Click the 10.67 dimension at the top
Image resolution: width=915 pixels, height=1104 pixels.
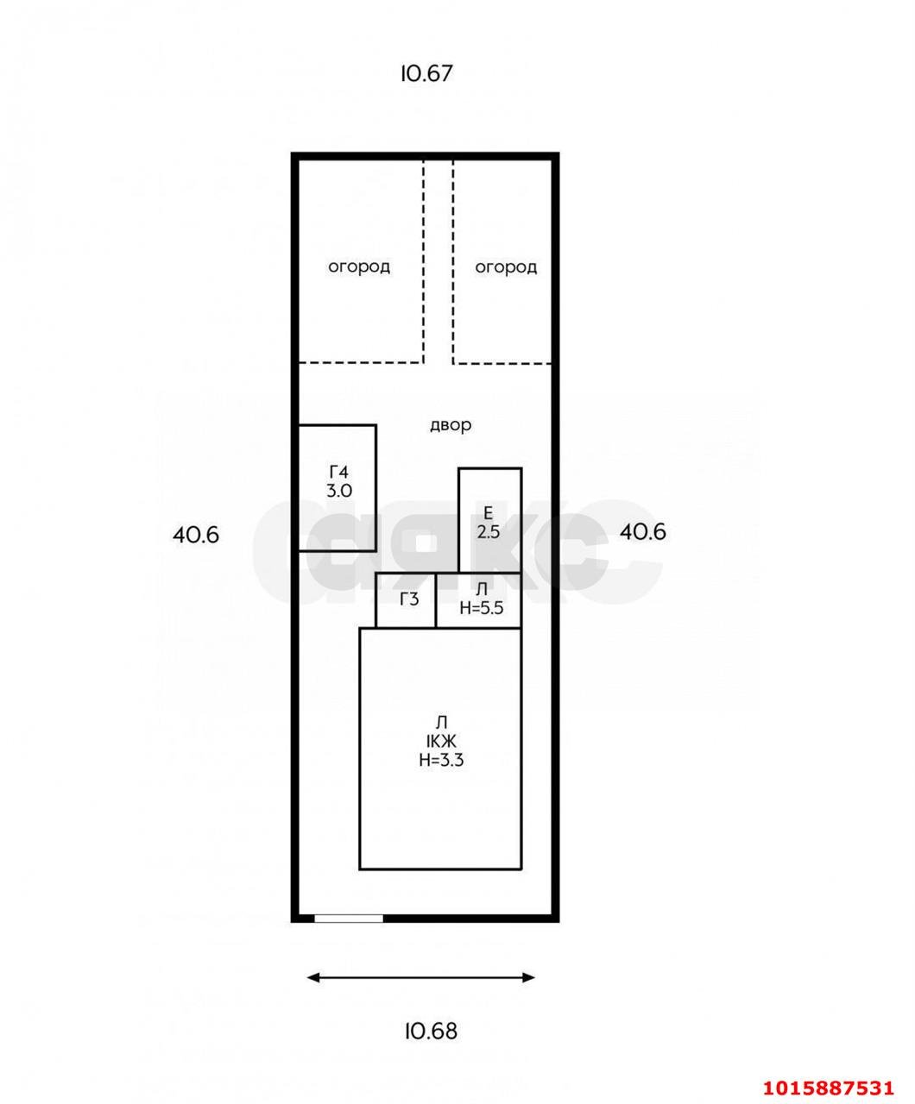(x=426, y=73)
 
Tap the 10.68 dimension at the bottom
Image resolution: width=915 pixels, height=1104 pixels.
(x=431, y=1031)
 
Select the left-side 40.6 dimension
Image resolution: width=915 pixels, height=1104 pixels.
(x=195, y=535)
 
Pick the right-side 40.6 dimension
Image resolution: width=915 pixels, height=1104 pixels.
(x=642, y=531)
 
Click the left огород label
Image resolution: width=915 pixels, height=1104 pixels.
(x=359, y=267)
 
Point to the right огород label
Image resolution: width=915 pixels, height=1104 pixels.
(x=506, y=267)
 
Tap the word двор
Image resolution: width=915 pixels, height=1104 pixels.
(x=451, y=425)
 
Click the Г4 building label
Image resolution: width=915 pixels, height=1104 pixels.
(x=339, y=471)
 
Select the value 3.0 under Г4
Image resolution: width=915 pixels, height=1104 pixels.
(x=339, y=491)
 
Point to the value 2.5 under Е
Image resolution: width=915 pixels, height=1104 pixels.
(x=488, y=531)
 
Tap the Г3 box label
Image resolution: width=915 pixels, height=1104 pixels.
(x=409, y=599)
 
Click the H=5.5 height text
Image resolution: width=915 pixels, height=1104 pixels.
(x=481, y=608)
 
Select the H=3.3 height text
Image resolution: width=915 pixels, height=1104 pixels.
(x=441, y=760)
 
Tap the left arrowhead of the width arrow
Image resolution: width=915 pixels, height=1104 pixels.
(x=313, y=977)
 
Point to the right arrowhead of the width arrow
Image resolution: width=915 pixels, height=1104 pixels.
(x=528, y=977)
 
